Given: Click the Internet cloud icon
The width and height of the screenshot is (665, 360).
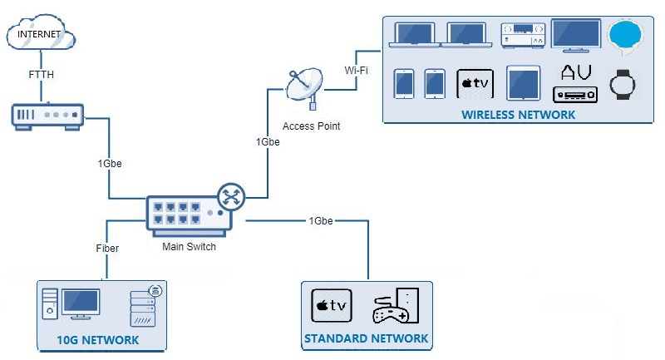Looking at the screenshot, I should click(x=40, y=35).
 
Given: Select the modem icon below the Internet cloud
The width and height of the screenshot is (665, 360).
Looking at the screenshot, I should click(x=47, y=116).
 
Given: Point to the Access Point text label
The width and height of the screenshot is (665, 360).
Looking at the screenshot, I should click(x=311, y=126).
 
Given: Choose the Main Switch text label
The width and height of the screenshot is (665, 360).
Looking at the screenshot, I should click(x=189, y=246).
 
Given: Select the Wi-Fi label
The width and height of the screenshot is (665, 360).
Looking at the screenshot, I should click(x=357, y=71).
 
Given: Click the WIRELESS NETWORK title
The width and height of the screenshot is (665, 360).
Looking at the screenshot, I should click(x=518, y=115).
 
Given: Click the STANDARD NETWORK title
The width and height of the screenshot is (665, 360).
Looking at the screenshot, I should click(x=366, y=338).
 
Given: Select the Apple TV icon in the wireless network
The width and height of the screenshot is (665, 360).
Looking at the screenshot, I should click(x=476, y=83).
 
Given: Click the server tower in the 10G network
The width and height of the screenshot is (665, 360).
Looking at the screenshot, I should click(x=143, y=307).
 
